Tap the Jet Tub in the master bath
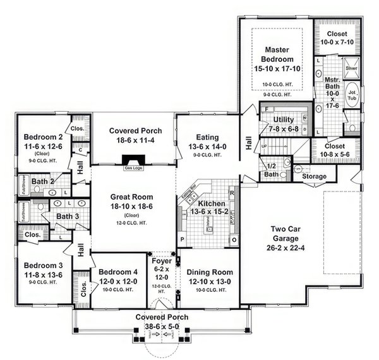coord(352,95)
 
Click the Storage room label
coord(314,176)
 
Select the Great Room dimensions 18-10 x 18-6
coord(133,206)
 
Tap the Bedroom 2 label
coord(42,137)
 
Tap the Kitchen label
coord(209,205)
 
